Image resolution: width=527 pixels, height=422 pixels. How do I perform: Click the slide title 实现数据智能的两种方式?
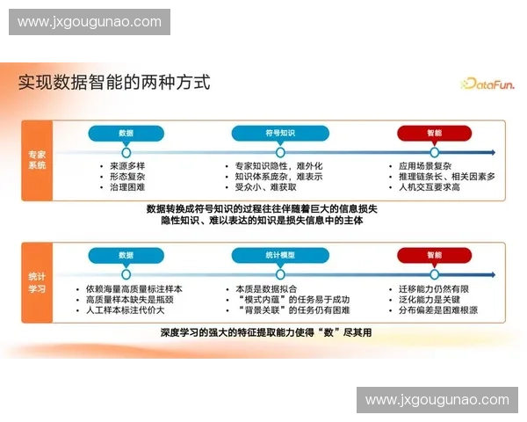(114, 84)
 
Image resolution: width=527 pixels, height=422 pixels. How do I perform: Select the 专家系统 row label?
(37, 159)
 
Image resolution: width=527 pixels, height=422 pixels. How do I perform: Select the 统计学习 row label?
(37, 281)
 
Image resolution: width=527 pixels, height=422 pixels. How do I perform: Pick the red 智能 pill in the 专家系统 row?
(435, 133)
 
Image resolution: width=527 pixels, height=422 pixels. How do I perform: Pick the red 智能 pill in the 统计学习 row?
(435, 255)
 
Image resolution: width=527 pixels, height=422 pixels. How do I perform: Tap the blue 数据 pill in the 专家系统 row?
(126, 133)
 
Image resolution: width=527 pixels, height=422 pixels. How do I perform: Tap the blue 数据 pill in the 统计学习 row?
(126, 255)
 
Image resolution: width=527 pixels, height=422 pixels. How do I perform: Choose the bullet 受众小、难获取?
(269, 187)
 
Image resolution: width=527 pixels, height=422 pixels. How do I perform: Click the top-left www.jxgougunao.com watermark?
(90, 22)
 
